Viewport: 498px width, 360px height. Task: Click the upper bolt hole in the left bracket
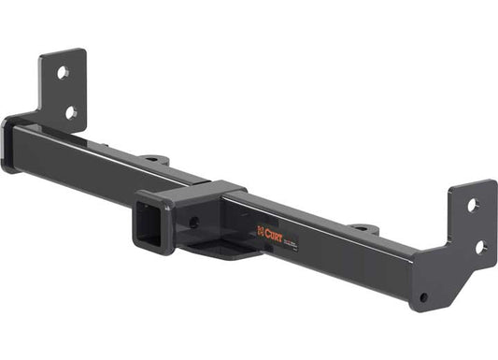(x=62, y=71)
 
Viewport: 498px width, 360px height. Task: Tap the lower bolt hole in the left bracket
(x=70, y=112)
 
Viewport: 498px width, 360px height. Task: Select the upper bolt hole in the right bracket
(x=472, y=205)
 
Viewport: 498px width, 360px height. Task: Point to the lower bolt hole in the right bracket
(x=480, y=247)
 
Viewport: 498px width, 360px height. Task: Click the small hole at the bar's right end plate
(x=423, y=297)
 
